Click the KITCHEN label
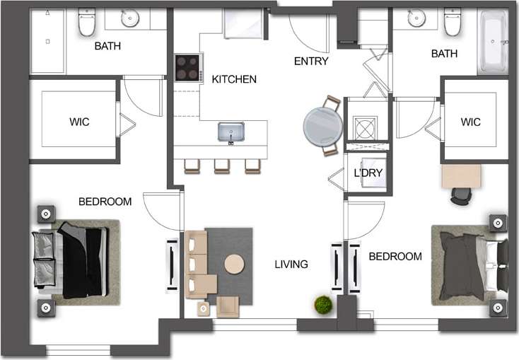pyautogui.click(x=234, y=79)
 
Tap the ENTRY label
pyautogui.click(x=311, y=61)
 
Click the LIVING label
pyautogui.click(x=291, y=265)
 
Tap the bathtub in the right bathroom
pyautogui.click(x=494, y=42)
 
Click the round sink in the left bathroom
pyautogui.click(x=130, y=19)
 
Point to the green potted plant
pyautogui.click(x=324, y=305)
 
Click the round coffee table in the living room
pyautogui.click(x=234, y=264)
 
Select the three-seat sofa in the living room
pyautogui.click(x=196, y=264)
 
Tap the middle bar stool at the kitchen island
pyautogui.click(x=222, y=166)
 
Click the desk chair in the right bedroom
pyautogui.click(x=460, y=196)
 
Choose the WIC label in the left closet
pyautogui.click(x=79, y=122)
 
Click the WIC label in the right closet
pyautogui.click(x=470, y=122)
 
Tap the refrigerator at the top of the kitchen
pyautogui.click(x=245, y=24)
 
